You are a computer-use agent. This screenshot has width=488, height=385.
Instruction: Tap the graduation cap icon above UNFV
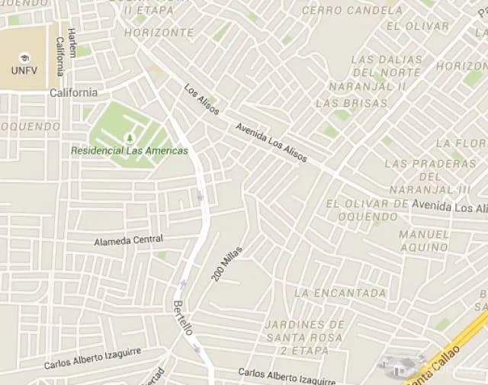(x=24, y=58)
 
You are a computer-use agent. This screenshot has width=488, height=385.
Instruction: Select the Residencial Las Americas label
(x=129, y=151)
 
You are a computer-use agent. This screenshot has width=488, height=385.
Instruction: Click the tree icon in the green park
(x=129, y=137)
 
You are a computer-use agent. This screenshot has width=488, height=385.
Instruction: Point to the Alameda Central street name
(x=128, y=241)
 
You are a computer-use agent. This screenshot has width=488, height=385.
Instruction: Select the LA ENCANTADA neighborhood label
(x=340, y=293)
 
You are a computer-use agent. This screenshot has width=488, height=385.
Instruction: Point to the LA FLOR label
(x=461, y=143)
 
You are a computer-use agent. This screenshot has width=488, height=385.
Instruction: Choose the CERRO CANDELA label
(x=352, y=11)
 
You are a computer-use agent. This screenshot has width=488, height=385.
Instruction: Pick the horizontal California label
(x=73, y=93)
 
